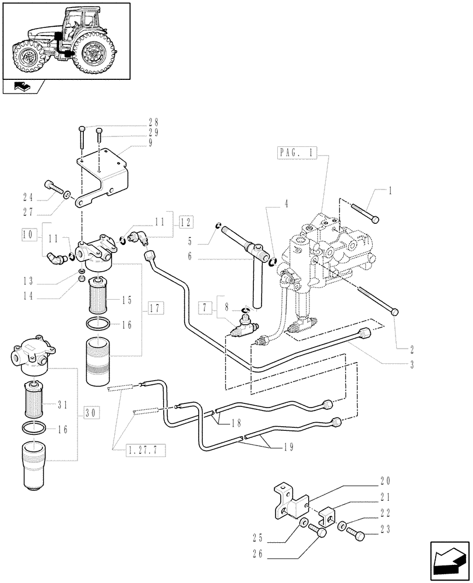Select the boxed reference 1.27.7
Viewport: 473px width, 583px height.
[x=145, y=449]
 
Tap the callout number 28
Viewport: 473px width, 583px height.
[x=153, y=122]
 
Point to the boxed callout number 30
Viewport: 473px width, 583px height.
[x=90, y=412]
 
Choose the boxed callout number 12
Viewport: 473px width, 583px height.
[x=185, y=222]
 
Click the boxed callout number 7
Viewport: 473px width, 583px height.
[x=205, y=306]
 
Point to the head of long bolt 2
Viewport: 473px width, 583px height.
[x=395, y=312]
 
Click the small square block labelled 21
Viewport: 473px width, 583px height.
[x=327, y=516]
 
